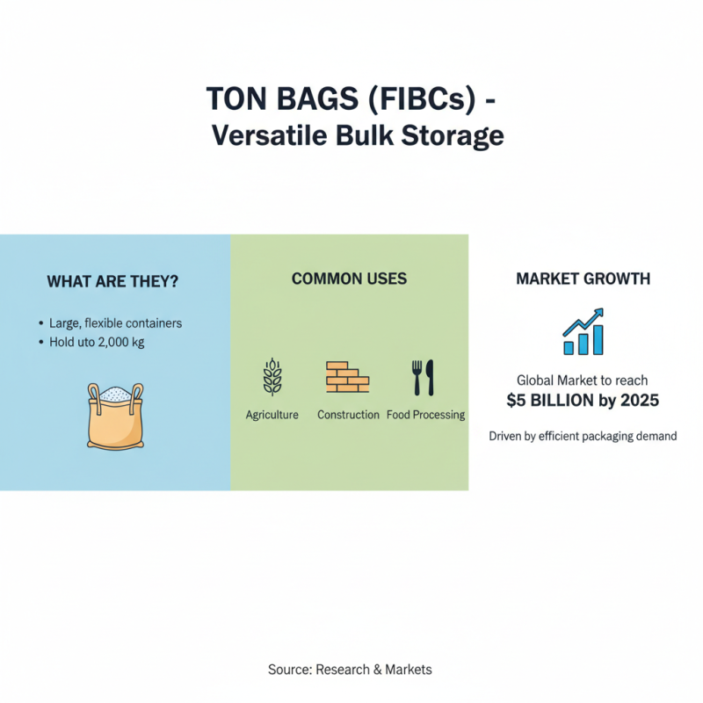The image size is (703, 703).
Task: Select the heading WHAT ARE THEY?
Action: coord(112,282)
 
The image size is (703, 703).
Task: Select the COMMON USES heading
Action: coord(349,279)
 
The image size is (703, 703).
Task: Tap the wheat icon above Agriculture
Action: coord(272,377)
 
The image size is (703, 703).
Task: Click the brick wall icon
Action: coord(348,377)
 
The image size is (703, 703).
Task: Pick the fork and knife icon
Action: coord(424,377)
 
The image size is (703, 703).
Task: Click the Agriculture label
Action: coord(272,415)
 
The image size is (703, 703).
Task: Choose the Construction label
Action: coord(348,415)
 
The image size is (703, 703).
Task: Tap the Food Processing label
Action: coord(426,415)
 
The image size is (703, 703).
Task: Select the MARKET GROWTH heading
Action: coord(583,279)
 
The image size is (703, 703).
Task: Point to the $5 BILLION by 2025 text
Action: coord(583,401)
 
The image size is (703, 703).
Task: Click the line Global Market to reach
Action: coord(583,380)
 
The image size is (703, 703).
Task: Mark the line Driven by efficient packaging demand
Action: coord(583,436)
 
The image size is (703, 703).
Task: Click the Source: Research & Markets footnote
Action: coord(350,670)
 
